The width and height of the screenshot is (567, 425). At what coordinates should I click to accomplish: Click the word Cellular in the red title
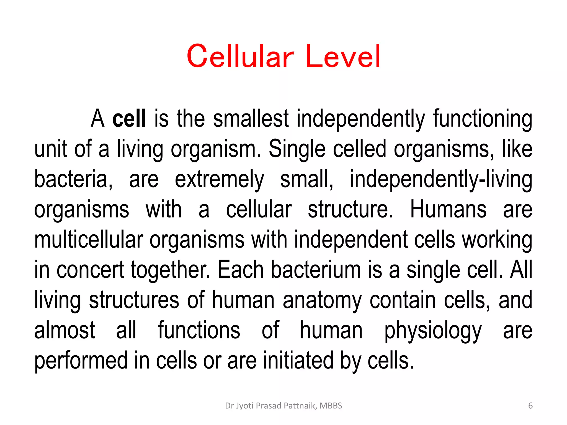click(x=240, y=56)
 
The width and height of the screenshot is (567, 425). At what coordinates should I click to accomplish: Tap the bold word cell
click(x=129, y=118)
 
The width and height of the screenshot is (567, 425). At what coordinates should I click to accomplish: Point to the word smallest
click(x=251, y=118)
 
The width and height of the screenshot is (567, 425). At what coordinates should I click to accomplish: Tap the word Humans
click(x=448, y=209)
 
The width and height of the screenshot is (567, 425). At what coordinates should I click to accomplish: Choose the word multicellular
click(x=89, y=240)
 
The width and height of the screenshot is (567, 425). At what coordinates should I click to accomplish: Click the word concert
click(x=90, y=270)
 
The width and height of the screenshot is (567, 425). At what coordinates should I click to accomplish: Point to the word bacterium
click(x=316, y=270)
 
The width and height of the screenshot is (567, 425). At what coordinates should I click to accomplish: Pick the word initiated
click(x=298, y=361)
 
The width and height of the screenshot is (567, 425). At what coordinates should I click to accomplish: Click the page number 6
click(x=530, y=406)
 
